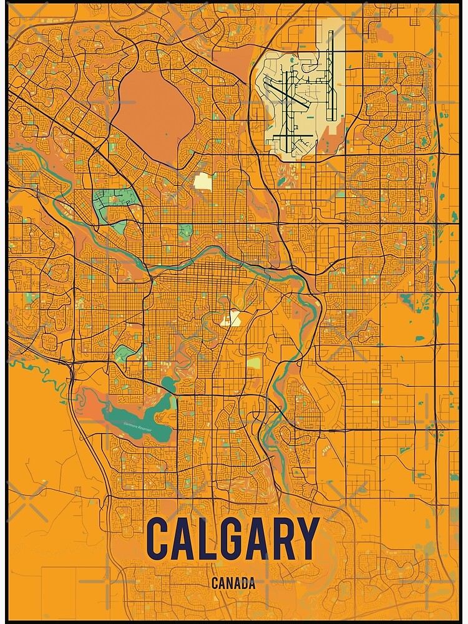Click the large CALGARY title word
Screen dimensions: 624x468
coord(232,539)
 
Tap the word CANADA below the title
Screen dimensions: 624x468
coord(233,584)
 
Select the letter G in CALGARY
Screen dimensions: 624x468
coord(234,539)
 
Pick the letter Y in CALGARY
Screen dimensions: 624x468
coord(306,539)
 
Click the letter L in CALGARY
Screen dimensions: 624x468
coord(210,539)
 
